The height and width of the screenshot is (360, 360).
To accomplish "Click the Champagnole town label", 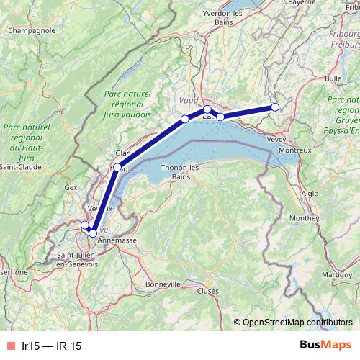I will (32, 31).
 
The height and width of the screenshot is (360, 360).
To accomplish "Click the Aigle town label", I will (309, 194).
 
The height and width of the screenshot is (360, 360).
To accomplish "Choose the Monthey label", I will (304, 217).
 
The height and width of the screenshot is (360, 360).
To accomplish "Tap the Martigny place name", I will (317, 275).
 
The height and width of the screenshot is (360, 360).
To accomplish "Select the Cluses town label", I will (207, 291).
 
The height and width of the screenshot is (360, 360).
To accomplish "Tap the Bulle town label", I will (333, 77).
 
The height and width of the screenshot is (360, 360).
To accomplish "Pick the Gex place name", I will (71, 186).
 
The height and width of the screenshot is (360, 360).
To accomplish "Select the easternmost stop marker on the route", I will (275, 108).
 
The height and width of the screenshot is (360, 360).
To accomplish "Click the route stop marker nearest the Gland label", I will (117, 167).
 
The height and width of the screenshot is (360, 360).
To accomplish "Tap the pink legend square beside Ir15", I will (9, 346).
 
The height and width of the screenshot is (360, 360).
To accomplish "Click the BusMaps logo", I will (326, 346).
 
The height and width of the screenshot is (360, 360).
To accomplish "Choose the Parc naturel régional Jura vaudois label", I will (127, 104).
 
